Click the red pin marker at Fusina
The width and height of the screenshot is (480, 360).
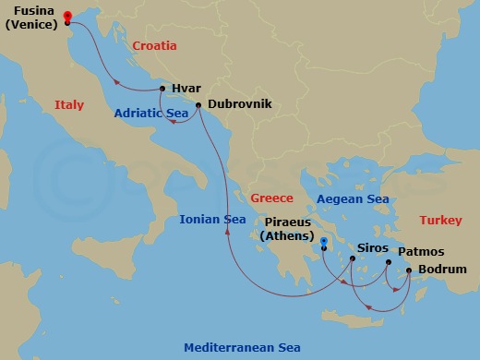pos(68,16)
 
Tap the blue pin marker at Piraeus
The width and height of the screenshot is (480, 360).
pos(323,242)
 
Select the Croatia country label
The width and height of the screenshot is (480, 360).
pos(154,45)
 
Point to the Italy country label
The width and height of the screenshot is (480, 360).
pos(69,104)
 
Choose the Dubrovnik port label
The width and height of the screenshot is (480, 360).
pos(240,104)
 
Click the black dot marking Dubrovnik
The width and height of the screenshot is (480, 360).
pos(198,104)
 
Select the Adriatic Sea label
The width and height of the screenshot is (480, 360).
pos(152,114)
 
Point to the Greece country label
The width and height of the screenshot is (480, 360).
pos(271,198)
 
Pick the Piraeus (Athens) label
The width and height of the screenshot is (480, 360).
pos(294,229)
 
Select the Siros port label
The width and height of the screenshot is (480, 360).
pos(372,248)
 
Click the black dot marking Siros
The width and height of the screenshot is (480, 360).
pos(353,259)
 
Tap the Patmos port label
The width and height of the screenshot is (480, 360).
pos(421,251)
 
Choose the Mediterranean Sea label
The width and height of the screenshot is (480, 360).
pos(242,347)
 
